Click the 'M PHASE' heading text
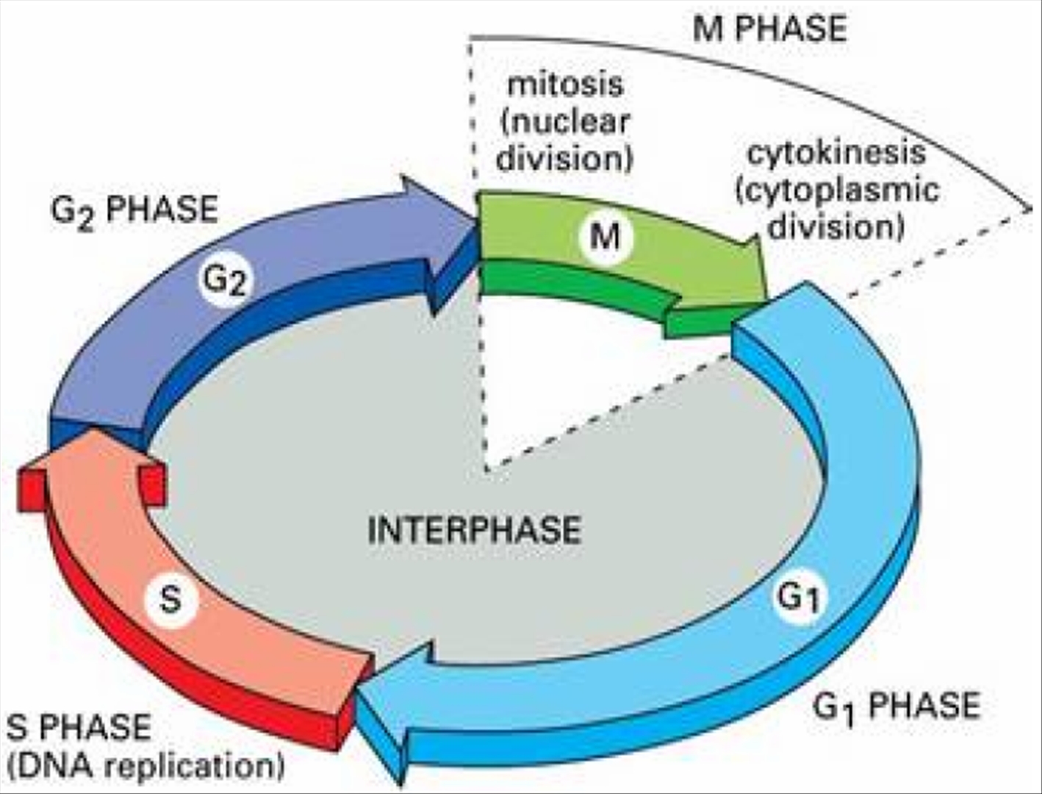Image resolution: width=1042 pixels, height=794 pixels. pos(769,29)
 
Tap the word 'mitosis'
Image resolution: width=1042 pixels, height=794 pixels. pos(565,85)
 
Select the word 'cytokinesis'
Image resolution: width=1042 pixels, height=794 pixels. pos(836,153)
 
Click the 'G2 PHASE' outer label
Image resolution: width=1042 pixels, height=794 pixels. pos(134,210)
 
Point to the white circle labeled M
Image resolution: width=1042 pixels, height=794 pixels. pos(605,236)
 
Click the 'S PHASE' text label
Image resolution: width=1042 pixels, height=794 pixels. pos(79,727)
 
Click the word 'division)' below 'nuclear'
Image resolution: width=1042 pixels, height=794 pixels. pos(565,158)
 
